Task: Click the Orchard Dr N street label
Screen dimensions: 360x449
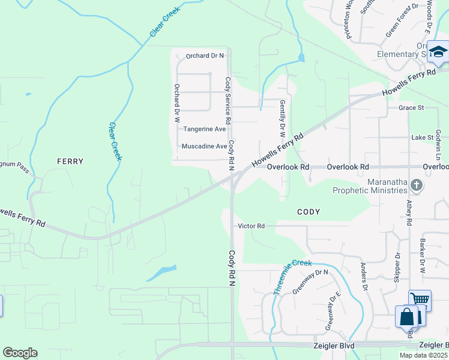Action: [205, 56]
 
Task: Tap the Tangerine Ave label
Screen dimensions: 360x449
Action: [204, 129]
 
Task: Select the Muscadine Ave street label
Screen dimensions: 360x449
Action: [204, 146]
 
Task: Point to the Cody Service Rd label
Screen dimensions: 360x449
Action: [228, 100]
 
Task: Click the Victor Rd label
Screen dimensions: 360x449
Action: [252, 226]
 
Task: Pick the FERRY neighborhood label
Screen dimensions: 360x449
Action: [70, 161]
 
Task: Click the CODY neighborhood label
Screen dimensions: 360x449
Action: [308, 212]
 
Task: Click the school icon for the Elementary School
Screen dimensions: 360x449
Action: [438, 52]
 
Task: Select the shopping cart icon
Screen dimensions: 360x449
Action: [420, 299]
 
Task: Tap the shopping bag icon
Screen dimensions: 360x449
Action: [406, 316]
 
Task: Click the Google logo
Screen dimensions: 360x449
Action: [20, 353]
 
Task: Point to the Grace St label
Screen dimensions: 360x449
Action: [411, 108]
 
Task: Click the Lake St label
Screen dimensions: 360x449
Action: [422, 137]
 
